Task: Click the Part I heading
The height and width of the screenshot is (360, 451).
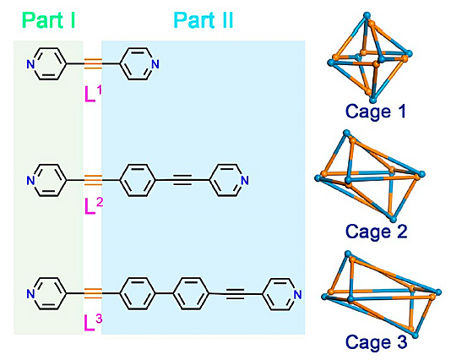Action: pyautogui.click(x=48, y=20)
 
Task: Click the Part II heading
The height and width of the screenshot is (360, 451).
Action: pyautogui.click(x=204, y=20)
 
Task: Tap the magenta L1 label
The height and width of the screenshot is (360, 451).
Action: pyautogui.click(x=94, y=94)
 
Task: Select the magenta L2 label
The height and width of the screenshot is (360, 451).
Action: pyautogui.click(x=94, y=206)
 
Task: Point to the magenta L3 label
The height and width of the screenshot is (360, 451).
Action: pyautogui.click(x=94, y=322)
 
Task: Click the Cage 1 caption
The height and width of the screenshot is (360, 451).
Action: pyautogui.click(x=375, y=112)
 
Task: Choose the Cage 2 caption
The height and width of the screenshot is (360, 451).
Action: pyautogui.click(x=376, y=231)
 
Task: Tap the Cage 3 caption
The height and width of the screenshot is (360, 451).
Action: pyautogui.click(x=376, y=342)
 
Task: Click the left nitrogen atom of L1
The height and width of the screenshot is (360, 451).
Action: pyautogui.click(x=30, y=64)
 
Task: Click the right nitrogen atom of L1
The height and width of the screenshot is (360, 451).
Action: pyautogui.click(x=155, y=64)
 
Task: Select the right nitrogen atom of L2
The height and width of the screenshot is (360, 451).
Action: pyautogui.click(x=244, y=181)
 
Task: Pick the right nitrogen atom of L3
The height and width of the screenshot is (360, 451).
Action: pyautogui.click(x=298, y=294)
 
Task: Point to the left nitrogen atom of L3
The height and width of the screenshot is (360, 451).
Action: pyautogui.click(x=30, y=294)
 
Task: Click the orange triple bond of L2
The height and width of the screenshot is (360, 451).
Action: pyautogui.click(x=93, y=180)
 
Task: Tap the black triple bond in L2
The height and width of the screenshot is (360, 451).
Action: pyautogui.click(x=182, y=181)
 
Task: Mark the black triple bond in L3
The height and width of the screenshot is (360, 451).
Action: pyautogui.click(x=236, y=294)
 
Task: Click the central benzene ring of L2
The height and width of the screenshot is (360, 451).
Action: pyautogui.click(x=137, y=181)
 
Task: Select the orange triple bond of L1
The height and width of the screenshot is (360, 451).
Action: pyautogui.click(x=93, y=64)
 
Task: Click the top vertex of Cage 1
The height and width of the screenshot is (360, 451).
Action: pyautogui.click(x=367, y=15)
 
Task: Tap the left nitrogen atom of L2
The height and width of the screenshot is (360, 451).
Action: pyautogui.click(x=30, y=181)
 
